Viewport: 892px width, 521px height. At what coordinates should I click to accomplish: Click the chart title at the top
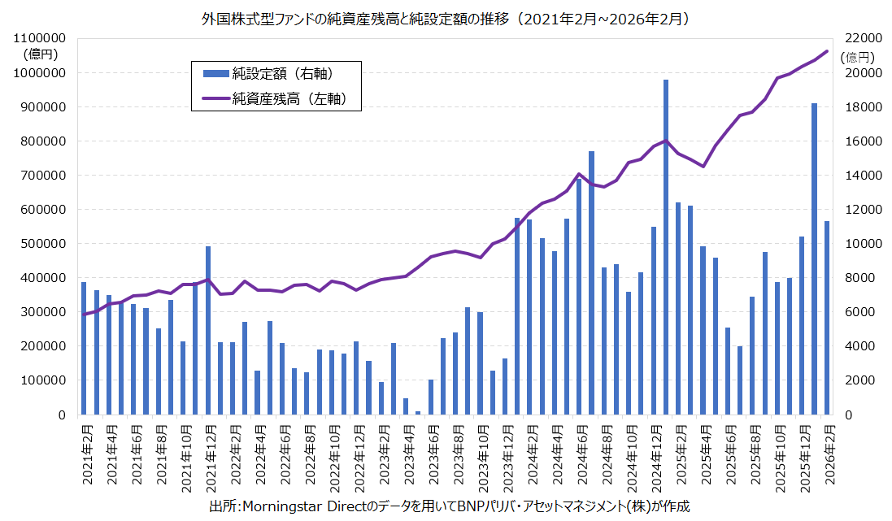[446, 17]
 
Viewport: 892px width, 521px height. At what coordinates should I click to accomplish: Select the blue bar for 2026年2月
[827, 318]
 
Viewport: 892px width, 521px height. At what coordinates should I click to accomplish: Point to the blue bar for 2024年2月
[529, 317]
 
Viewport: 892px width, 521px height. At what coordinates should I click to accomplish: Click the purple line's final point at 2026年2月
[827, 51]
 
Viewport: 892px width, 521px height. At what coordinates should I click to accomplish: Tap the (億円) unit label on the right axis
[858, 57]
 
